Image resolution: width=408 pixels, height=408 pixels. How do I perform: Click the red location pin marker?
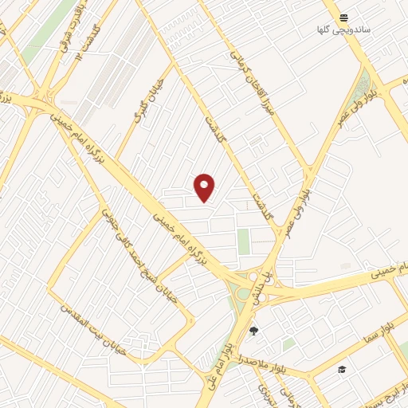pyautogui.click(x=205, y=187)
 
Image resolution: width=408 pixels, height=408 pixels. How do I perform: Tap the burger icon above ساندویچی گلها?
pyautogui.click(x=343, y=18)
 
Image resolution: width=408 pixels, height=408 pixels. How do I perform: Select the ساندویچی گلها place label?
pyautogui.click(x=343, y=30)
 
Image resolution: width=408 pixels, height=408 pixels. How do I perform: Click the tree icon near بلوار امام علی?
pyautogui.click(x=254, y=331)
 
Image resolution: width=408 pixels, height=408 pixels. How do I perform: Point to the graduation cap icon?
pyautogui.click(x=342, y=370)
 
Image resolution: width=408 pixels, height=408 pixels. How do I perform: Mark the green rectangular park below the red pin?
pyautogui.click(x=243, y=241)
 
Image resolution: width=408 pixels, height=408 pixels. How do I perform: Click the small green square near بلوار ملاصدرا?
pyautogui.click(x=288, y=343)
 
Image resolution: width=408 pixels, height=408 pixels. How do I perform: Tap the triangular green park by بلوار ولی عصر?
pyautogui.click(x=367, y=84)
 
